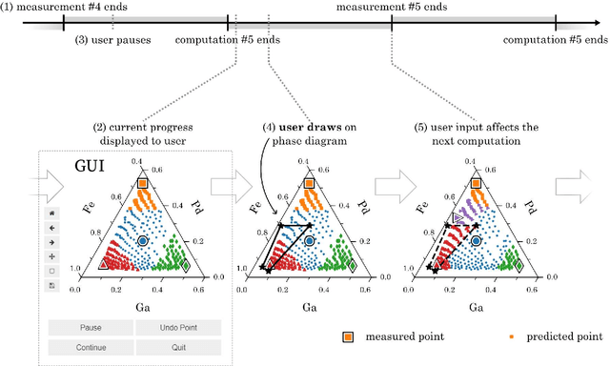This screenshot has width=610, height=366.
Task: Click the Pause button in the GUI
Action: point(91,327)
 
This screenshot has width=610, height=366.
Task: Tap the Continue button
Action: point(91,348)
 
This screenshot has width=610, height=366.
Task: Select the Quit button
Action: point(177,348)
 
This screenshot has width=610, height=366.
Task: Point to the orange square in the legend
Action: point(350,335)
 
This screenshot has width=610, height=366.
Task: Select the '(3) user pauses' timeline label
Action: point(110,40)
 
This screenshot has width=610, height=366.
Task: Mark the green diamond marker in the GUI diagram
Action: point(185,266)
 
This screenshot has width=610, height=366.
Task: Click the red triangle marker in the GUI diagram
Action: point(103,264)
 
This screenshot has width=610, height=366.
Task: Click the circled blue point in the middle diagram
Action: point(309,242)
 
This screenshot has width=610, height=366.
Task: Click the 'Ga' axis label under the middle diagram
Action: point(309,307)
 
